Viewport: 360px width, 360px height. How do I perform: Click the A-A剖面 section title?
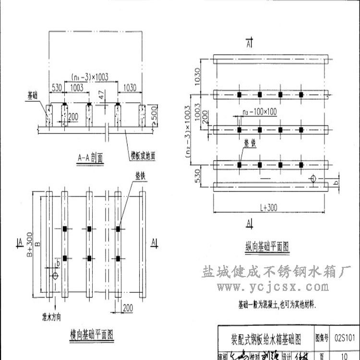90,157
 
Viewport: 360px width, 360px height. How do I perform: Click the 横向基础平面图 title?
91,334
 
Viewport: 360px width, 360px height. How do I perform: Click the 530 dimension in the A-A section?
56,87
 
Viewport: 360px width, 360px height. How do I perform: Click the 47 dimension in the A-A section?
100,94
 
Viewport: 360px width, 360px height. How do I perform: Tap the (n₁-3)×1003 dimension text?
90,77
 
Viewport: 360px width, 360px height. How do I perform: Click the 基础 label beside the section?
33,96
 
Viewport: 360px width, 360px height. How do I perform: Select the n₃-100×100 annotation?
260,112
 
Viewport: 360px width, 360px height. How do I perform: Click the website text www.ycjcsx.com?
273,288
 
